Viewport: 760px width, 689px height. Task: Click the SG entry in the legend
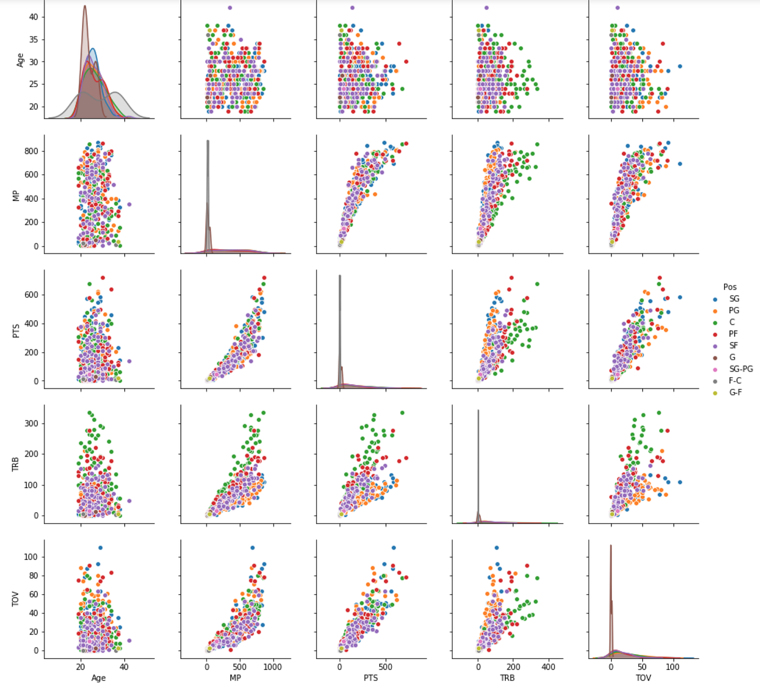click(x=733, y=299)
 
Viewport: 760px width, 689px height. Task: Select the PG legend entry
click(x=733, y=311)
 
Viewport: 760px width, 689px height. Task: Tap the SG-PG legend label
click(x=740, y=369)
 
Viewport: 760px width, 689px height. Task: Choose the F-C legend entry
click(x=735, y=381)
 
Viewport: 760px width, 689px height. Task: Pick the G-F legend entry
click(x=735, y=392)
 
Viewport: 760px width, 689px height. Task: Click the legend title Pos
click(x=730, y=287)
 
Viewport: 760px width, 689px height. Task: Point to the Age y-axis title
click(x=21, y=60)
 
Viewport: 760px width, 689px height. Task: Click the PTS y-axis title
click(x=16, y=330)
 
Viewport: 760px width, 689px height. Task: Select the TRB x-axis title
click(x=507, y=678)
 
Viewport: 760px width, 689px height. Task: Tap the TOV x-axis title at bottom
click(x=643, y=678)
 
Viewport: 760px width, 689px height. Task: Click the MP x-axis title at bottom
click(x=235, y=678)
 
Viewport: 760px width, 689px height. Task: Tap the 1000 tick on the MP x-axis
click(x=273, y=667)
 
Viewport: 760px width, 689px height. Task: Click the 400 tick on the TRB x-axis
click(x=548, y=667)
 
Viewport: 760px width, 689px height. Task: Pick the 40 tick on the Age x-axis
click(x=124, y=667)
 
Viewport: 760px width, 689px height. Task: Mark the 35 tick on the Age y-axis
click(x=34, y=40)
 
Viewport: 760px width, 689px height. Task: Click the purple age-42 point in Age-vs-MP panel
click(x=230, y=8)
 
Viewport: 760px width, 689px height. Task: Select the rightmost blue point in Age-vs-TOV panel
click(x=680, y=66)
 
